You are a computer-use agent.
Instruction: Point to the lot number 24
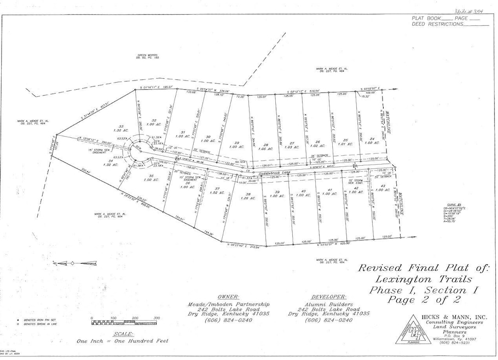(372, 139)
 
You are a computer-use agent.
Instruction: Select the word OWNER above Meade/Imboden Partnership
(228, 296)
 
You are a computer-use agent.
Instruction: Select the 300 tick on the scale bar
(157, 318)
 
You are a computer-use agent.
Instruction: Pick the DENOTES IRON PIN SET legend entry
(33, 318)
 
